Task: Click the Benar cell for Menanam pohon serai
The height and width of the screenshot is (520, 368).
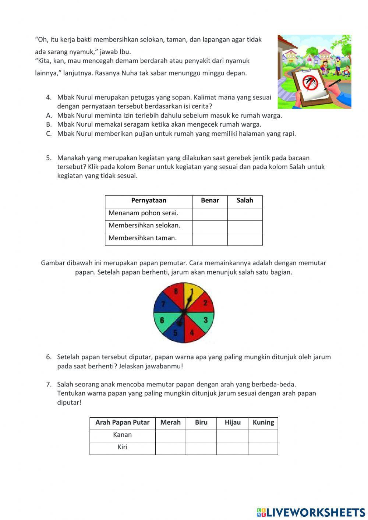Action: point(210,214)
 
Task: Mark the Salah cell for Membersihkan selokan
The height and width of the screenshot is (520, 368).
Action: point(245,227)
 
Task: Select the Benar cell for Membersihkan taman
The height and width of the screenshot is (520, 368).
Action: point(210,239)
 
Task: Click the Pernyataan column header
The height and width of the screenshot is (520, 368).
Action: point(149,201)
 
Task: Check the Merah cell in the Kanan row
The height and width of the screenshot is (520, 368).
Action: point(170,436)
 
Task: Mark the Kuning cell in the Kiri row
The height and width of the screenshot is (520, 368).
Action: point(263,448)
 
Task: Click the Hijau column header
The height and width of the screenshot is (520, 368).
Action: point(233,422)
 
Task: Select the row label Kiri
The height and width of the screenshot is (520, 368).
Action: point(122,447)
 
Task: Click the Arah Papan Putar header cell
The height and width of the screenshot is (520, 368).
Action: point(122,422)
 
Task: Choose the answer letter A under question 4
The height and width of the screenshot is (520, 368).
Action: point(49,116)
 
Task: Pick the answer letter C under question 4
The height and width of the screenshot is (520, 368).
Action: point(49,134)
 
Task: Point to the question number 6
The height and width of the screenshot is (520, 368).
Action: point(49,357)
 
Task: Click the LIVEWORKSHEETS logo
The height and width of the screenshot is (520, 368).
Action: point(311,512)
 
